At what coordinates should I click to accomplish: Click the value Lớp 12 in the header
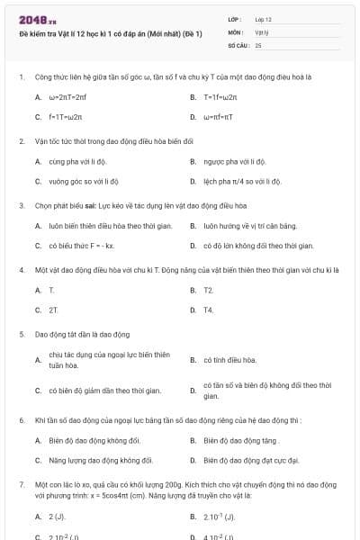tap(263, 18)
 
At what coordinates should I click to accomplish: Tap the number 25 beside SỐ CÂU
tap(258, 44)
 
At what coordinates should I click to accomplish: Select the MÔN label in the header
tap(235, 31)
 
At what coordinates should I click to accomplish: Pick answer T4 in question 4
tap(208, 310)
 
